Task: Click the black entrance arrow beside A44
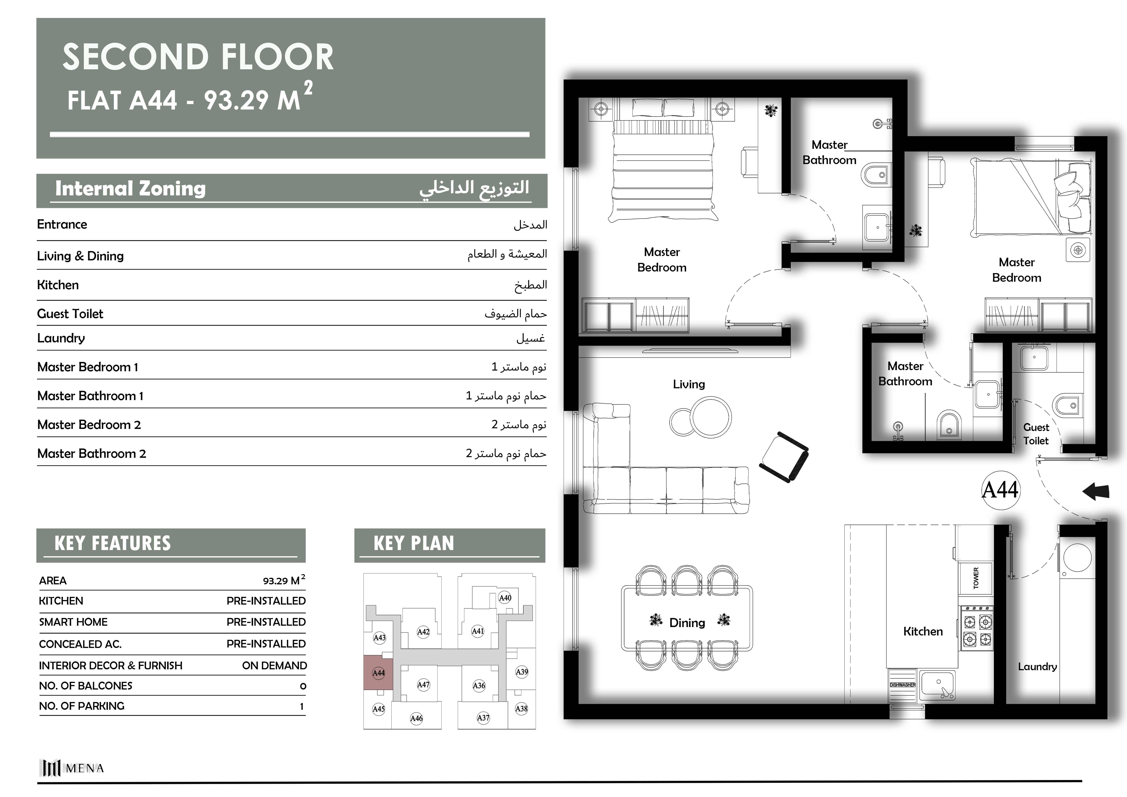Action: click(x=1096, y=491)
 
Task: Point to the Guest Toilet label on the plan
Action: click(x=1036, y=434)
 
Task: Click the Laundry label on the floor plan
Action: click(x=1037, y=666)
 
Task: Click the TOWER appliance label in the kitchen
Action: click(x=976, y=578)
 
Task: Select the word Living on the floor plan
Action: click(x=689, y=384)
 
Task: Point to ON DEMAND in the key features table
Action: click(x=274, y=665)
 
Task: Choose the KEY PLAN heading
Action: click(x=414, y=543)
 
